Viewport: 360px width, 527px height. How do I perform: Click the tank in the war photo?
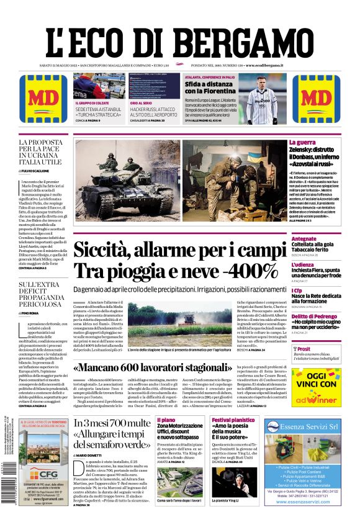coord(115,176)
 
